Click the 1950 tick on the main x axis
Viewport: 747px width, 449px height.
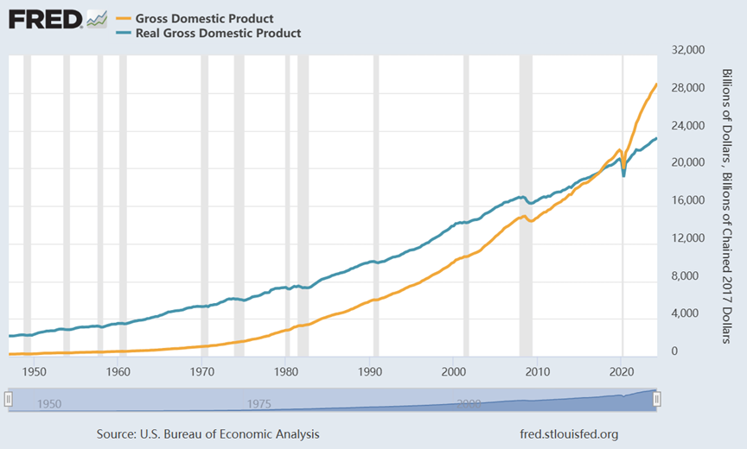point(34,371)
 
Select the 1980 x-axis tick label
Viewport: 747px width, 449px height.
point(285,371)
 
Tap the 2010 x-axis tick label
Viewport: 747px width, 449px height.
point(538,371)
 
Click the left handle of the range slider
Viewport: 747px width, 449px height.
point(9,399)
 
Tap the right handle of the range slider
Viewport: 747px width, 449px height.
point(657,399)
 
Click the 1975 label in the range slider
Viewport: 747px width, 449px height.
point(259,403)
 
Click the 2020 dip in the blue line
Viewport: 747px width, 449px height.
point(623,175)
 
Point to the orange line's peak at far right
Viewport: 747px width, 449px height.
point(656,84)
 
